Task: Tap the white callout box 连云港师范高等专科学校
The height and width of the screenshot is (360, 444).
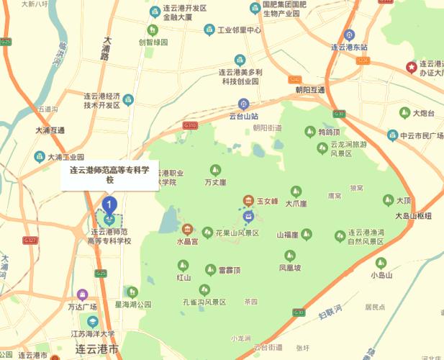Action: (109, 175)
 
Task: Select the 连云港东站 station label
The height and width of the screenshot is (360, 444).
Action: (349, 47)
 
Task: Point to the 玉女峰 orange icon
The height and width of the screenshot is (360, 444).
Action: (248, 201)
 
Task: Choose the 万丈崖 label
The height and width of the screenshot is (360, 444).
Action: (214, 182)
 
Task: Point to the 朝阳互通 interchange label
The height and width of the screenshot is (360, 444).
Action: (309, 90)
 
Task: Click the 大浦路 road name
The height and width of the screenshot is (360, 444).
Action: (110, 49)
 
